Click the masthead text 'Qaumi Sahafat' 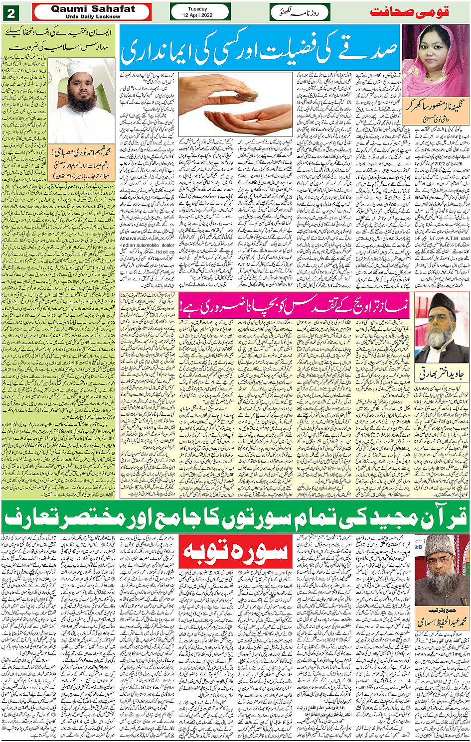[x=93, y=8]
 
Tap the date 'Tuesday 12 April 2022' [x=200, y=12]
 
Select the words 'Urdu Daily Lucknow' [x=93, y=16]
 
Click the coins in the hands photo [x=235, y=104]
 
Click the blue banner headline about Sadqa [x=259, y=50]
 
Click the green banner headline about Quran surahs [x=235, y=516]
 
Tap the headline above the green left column [x=60, y=40]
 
